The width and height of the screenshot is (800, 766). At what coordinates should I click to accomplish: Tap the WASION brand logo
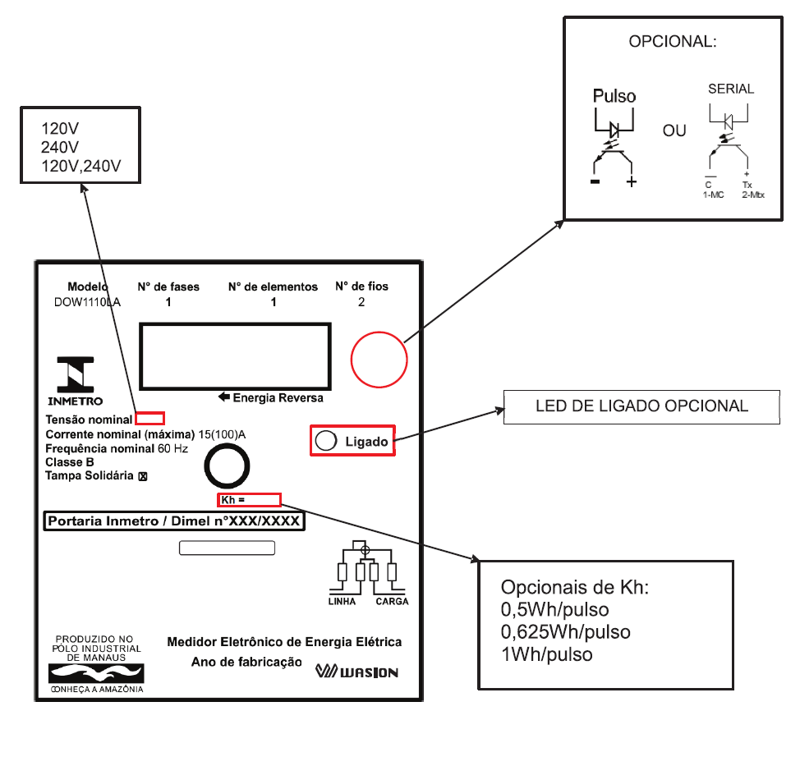tap(356, 671)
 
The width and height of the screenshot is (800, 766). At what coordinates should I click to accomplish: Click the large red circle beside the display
tap(379, 360)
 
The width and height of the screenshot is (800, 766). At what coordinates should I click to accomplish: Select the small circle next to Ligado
tap(326, 441)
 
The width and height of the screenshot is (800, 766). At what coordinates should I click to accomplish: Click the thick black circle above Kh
tap(227, 466)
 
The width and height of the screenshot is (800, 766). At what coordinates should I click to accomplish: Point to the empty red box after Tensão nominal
tap(149, 418)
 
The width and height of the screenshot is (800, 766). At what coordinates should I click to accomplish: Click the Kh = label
tap(232, 500)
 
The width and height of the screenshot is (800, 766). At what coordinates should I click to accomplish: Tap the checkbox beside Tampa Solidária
tap(143, 476)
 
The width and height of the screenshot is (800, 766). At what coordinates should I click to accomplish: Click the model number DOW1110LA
tap(87, 302)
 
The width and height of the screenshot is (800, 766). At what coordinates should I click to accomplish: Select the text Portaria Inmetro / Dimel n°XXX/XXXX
tap(174, 521)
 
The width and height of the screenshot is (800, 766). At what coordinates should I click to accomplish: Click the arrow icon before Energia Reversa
tap(224, 397)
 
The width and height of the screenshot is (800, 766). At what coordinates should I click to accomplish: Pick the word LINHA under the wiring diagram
tap(342, 601)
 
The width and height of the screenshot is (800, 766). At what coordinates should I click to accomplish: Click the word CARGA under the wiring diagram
tap(392, 601)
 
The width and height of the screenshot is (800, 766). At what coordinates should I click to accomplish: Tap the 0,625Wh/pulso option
tap(565, 632)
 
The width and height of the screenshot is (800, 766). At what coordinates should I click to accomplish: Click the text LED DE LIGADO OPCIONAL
tap(641, 406)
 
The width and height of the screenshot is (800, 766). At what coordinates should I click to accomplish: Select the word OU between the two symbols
tap(674, 131)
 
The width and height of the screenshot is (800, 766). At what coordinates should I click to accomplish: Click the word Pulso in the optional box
tap(614, 96)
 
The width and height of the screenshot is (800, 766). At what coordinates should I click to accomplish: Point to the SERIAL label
tap(731, 89)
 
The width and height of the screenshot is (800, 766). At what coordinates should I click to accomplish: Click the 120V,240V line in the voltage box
tap(81, 166)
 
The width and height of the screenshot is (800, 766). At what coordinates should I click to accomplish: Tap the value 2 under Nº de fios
tap(361, 302)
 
